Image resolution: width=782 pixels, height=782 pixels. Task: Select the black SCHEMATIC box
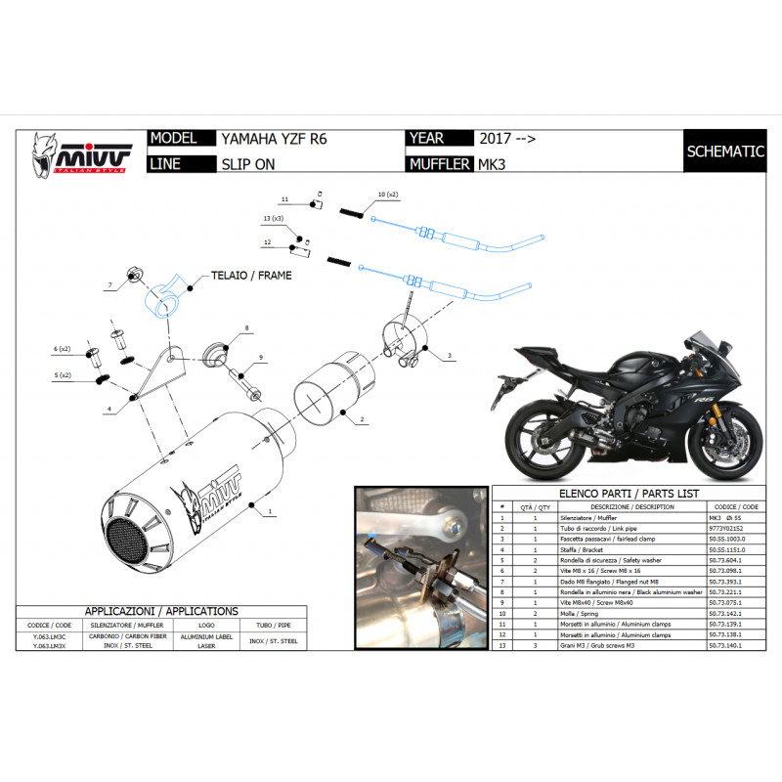(724, 152)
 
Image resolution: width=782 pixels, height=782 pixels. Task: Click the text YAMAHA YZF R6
(274, 139)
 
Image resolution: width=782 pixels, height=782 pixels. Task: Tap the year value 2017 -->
(506, 139)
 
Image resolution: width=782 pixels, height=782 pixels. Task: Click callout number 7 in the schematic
(110, 285)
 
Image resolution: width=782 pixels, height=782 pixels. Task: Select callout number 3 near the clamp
(449, 356)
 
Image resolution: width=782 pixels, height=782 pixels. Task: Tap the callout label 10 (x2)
(387, 195)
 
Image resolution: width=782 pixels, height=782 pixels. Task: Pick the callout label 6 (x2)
(63, 349)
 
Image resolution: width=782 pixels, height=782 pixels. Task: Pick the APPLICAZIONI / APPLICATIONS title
(160, 611)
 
